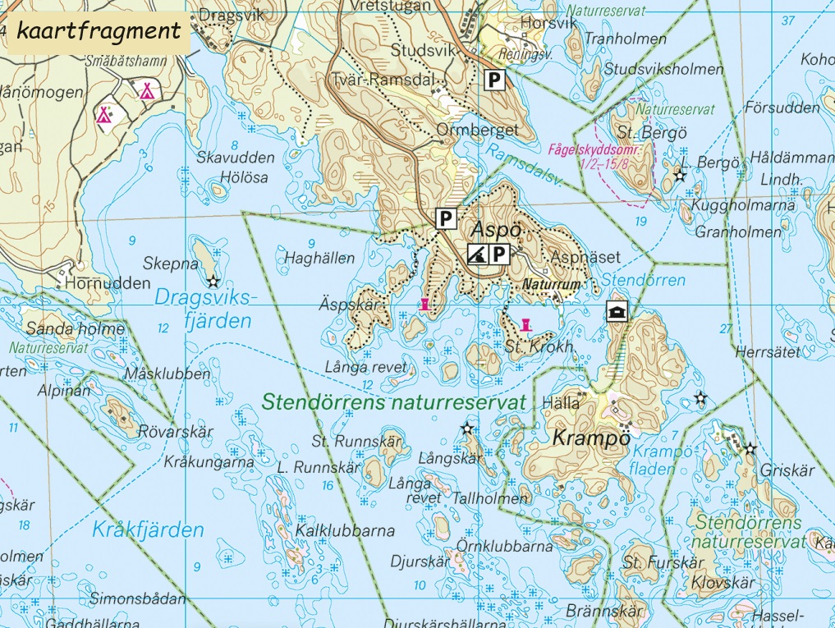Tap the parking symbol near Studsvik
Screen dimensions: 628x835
click(x=494, y=80)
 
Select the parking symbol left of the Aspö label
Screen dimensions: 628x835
click(x=444, y=218)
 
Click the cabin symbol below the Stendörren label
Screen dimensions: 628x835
click(x=616, y=310)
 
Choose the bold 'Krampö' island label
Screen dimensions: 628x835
click(x=591, y=438)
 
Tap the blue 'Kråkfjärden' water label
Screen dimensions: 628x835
click(x=148, y=529)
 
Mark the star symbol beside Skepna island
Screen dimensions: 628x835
click(x=213, y=282)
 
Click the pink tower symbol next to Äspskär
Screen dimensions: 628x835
click(x=424, y=305)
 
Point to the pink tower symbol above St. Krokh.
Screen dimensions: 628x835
click(x=526, y=324)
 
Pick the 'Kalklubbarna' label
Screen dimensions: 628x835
click(x=346, y=530)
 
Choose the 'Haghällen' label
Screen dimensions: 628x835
click(x=319, y=258)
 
